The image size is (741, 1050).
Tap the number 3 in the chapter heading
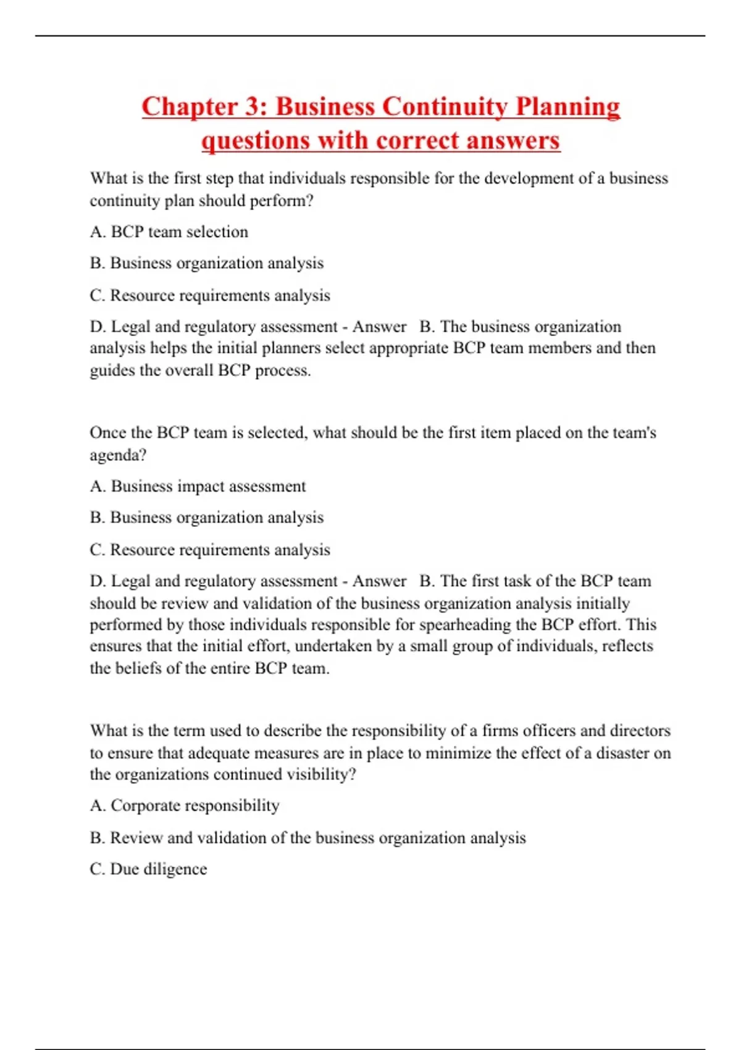pos(253,106)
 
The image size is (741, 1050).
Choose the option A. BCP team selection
pos(169,232)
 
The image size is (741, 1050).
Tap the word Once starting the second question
pos(107,432)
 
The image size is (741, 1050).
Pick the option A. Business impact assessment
pos(198,487)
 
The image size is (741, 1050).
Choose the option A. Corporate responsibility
pos(184,806)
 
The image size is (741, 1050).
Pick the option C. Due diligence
pos(148,869)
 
